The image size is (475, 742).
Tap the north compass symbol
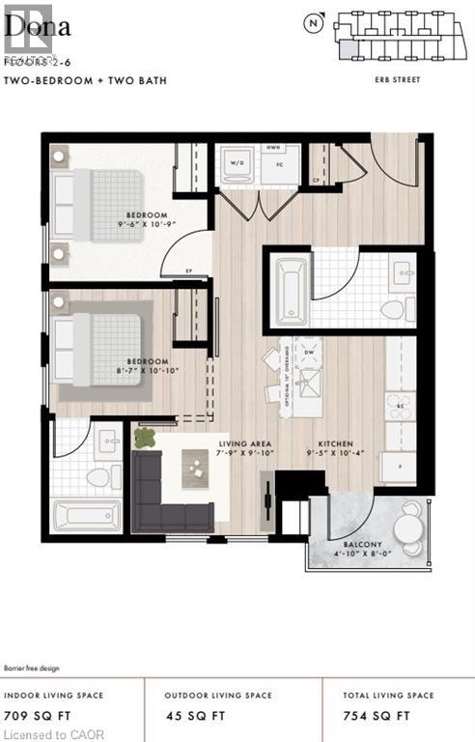(x=312, y=21)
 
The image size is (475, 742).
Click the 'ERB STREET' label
(x=398, y=80)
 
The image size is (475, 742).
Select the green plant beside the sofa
(x=145, y=438)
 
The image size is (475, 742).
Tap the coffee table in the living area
(x=197, y=471)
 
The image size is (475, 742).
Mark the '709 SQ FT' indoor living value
(x=32, y=716)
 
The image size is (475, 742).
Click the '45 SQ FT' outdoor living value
(x=193, y=716)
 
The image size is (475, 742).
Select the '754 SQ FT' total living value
(x=377, y=716)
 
